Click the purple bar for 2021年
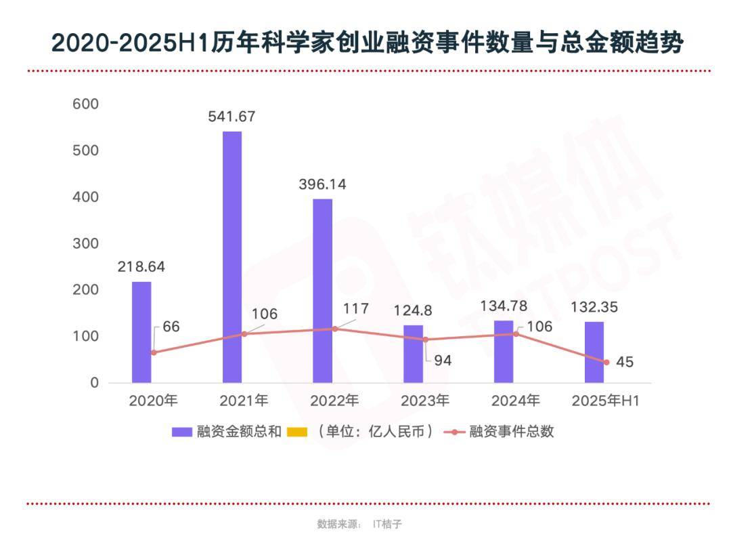click(x=232, y=257)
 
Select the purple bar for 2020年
click(x=141, y=332)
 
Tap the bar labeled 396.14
click(x=323, y=291)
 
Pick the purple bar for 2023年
click(x=414, y=354)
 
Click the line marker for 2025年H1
click(x=606, y=362)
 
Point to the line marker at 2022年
click(x=334, y=329)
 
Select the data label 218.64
click(x=141, y=266)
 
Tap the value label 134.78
click(x=504, y=306)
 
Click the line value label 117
click(x=356, y=309)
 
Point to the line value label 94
click(x=443, y=361)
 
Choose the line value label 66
click(x=171, y=327)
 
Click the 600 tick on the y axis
click(x=86, y=104)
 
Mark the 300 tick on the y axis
click(x=86, y=243)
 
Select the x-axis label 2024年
click(x=516, y=401)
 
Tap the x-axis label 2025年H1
click(x=606, y=401)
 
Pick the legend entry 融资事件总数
click(x=512, y=432)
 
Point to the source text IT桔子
click(x=388, y=524)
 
